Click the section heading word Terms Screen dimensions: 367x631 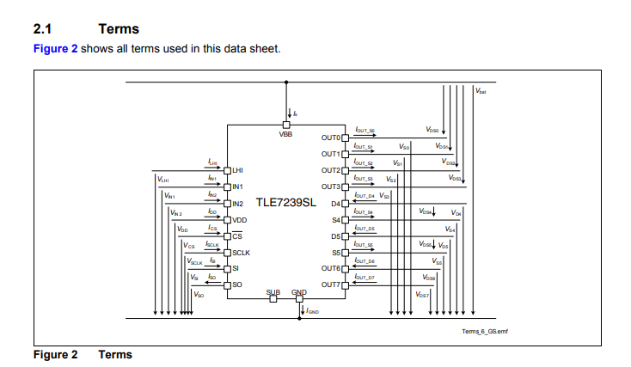119,28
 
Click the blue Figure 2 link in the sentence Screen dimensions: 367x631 55,48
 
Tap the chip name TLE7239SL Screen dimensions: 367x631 285,204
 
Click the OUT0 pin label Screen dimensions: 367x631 331,138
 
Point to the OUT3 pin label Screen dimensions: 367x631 331,187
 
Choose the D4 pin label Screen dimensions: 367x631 336,203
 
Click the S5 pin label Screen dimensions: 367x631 336,253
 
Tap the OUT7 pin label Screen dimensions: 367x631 331,284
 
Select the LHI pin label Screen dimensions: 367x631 238,170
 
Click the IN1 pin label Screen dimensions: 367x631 238,187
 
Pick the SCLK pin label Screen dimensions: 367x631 241,252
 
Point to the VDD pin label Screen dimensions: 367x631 240,220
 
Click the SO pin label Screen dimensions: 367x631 237,284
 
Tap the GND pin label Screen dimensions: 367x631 298,292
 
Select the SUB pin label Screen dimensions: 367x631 273,292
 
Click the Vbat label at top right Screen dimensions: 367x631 481,91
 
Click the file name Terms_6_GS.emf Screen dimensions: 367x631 485,331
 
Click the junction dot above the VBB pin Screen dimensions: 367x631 285,83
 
